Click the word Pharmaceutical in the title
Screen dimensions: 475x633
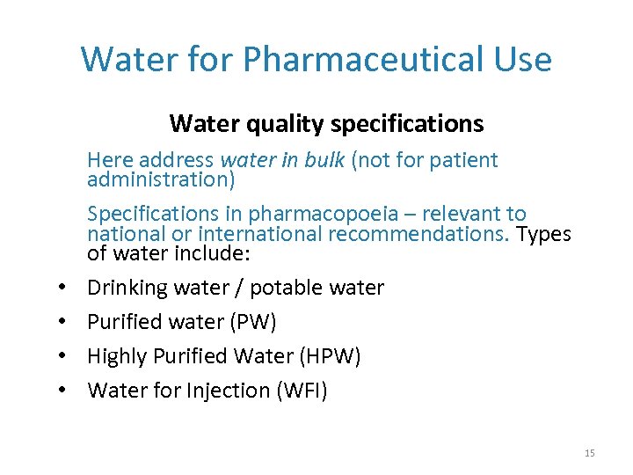(x=360, y=60)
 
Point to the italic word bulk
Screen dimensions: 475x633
(x=324, y=160)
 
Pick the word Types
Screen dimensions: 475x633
(x=543, y=234)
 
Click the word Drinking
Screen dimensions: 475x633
(x=127, y=288)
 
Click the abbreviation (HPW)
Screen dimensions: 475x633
(x=331, y=356)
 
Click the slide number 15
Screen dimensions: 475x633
(x=589, y=453)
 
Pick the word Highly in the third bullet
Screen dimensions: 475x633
(x=117, y=356)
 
